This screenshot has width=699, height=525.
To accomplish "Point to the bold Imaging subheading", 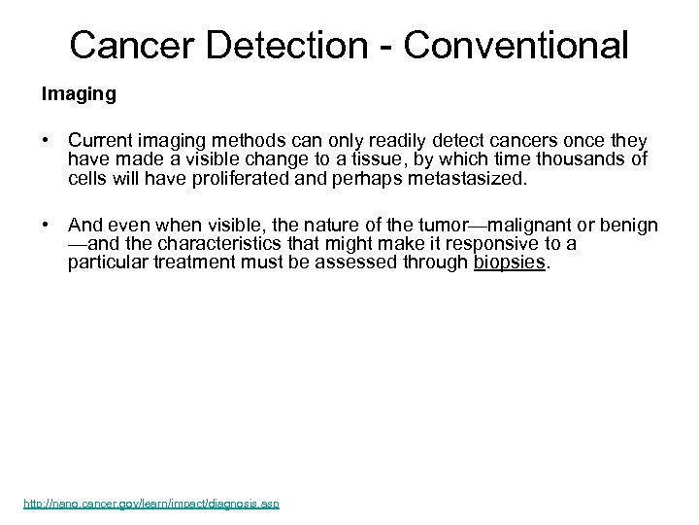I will (78, 94).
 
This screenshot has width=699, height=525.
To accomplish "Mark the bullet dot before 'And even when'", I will (46, 226).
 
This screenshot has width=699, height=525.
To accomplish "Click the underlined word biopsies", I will (510, 262).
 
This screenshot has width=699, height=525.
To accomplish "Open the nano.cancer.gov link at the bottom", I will (150, 505).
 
